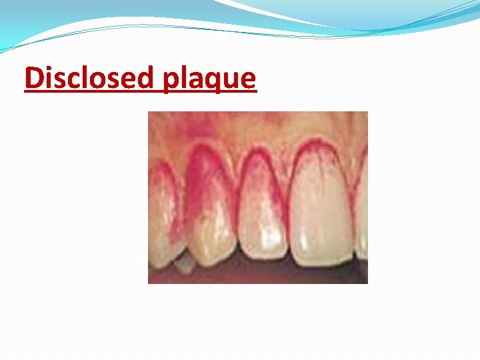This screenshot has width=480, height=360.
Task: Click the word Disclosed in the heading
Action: [89, 79]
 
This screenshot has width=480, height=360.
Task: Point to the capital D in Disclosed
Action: [33, 79]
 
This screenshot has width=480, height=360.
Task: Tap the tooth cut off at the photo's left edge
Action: [160, 213]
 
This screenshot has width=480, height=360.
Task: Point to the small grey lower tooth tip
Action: [184, 267]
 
